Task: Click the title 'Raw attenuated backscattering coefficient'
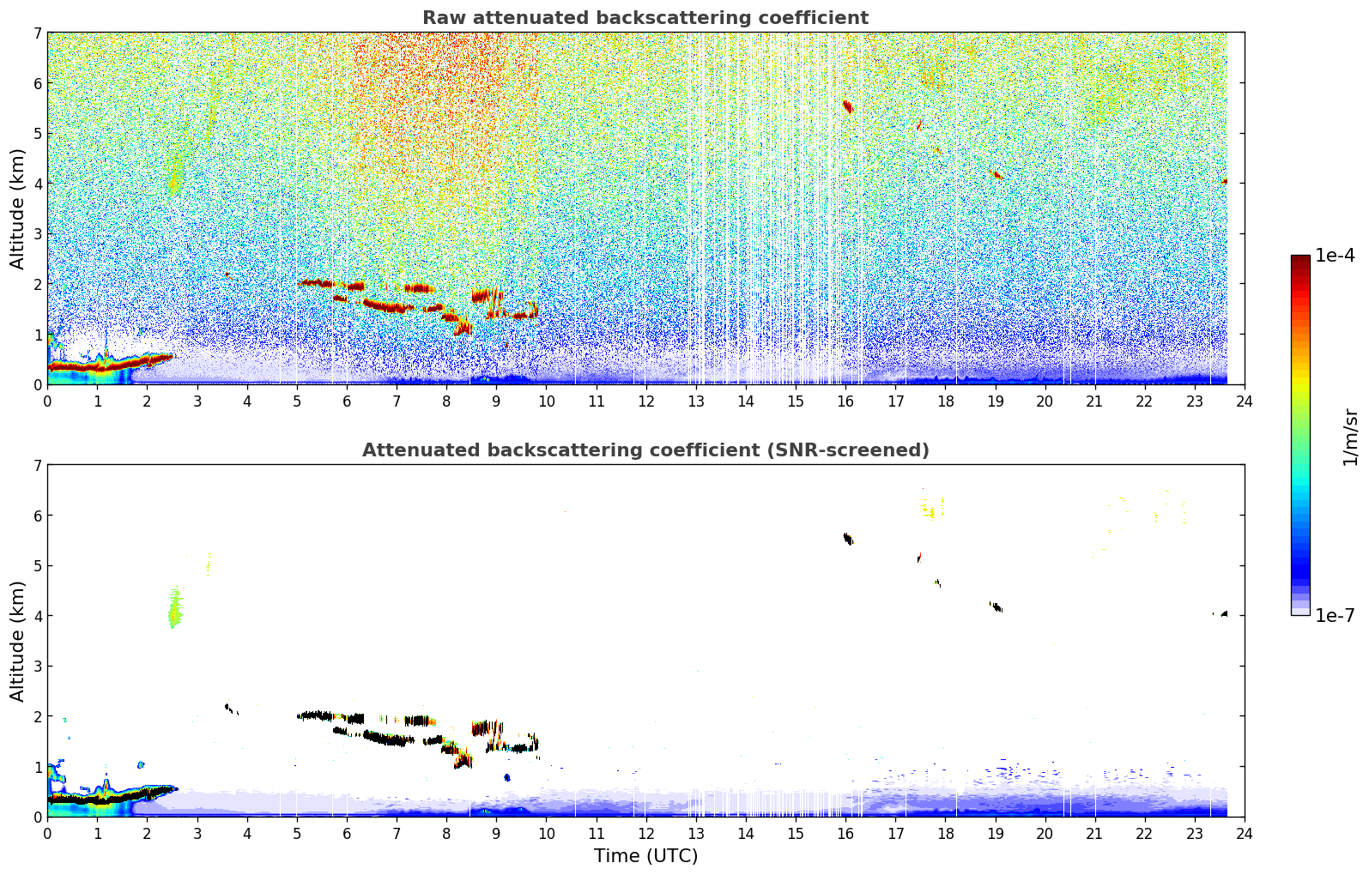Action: click(x=645, y=18)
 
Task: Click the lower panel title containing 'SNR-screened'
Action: click(x=645, y=450)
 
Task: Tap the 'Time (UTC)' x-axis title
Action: click(x=645, y=856)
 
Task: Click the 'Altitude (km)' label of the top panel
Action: click(x=18, y=208)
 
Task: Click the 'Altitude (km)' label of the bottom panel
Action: click(x=18, y=641)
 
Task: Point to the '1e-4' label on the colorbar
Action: click(x=1335, y=256)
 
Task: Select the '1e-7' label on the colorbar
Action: click(x=1335, y=616)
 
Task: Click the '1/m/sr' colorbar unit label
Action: click(x=1350, y=436)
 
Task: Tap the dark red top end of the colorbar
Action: click(x=1300, y=259)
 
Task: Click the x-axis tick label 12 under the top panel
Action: click(x=645, y=401)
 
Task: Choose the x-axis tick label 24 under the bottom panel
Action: click(x=1245, y=833)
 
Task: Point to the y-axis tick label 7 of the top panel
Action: click(x=37, y=33)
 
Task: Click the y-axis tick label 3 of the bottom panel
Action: click(x=37, y=667)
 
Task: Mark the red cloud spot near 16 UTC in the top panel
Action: click(x=847, y=106)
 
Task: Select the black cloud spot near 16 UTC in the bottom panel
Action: click(x=847, y=539)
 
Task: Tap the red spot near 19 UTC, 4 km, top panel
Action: click(x=996, y=175)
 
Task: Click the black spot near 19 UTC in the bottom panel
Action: click(x=996, y=607)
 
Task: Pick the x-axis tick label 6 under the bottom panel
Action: click(x=347, y=833)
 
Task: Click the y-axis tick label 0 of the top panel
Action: click(x=37, y=385)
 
